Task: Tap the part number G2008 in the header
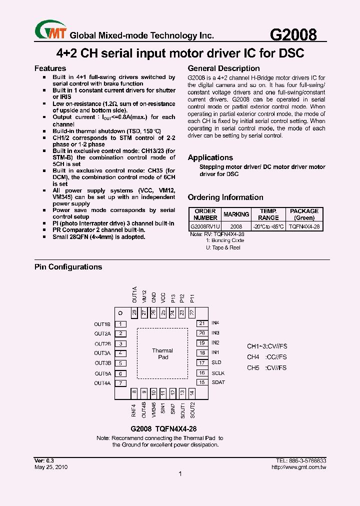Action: click(293, 35)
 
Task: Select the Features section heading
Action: click(50, 68)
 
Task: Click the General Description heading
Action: click(223, 68)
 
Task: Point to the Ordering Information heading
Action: click(225, 197)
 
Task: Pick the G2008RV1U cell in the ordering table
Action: click(205, 226)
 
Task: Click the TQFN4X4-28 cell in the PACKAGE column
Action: click(304, 226)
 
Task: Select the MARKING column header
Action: click(236, 214)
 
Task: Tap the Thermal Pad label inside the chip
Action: click(162, 354)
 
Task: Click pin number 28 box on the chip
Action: click(134, 312)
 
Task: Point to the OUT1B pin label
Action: click(102, 324)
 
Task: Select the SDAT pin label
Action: click(218, 382)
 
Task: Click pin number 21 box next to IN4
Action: click(202, 323)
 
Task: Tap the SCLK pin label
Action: click(218, 373)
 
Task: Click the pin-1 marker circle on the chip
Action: click(120, 313)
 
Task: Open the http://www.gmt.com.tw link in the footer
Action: click(298, 467)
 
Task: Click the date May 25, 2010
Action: click(51, 467)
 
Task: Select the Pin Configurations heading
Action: click(68, 267)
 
